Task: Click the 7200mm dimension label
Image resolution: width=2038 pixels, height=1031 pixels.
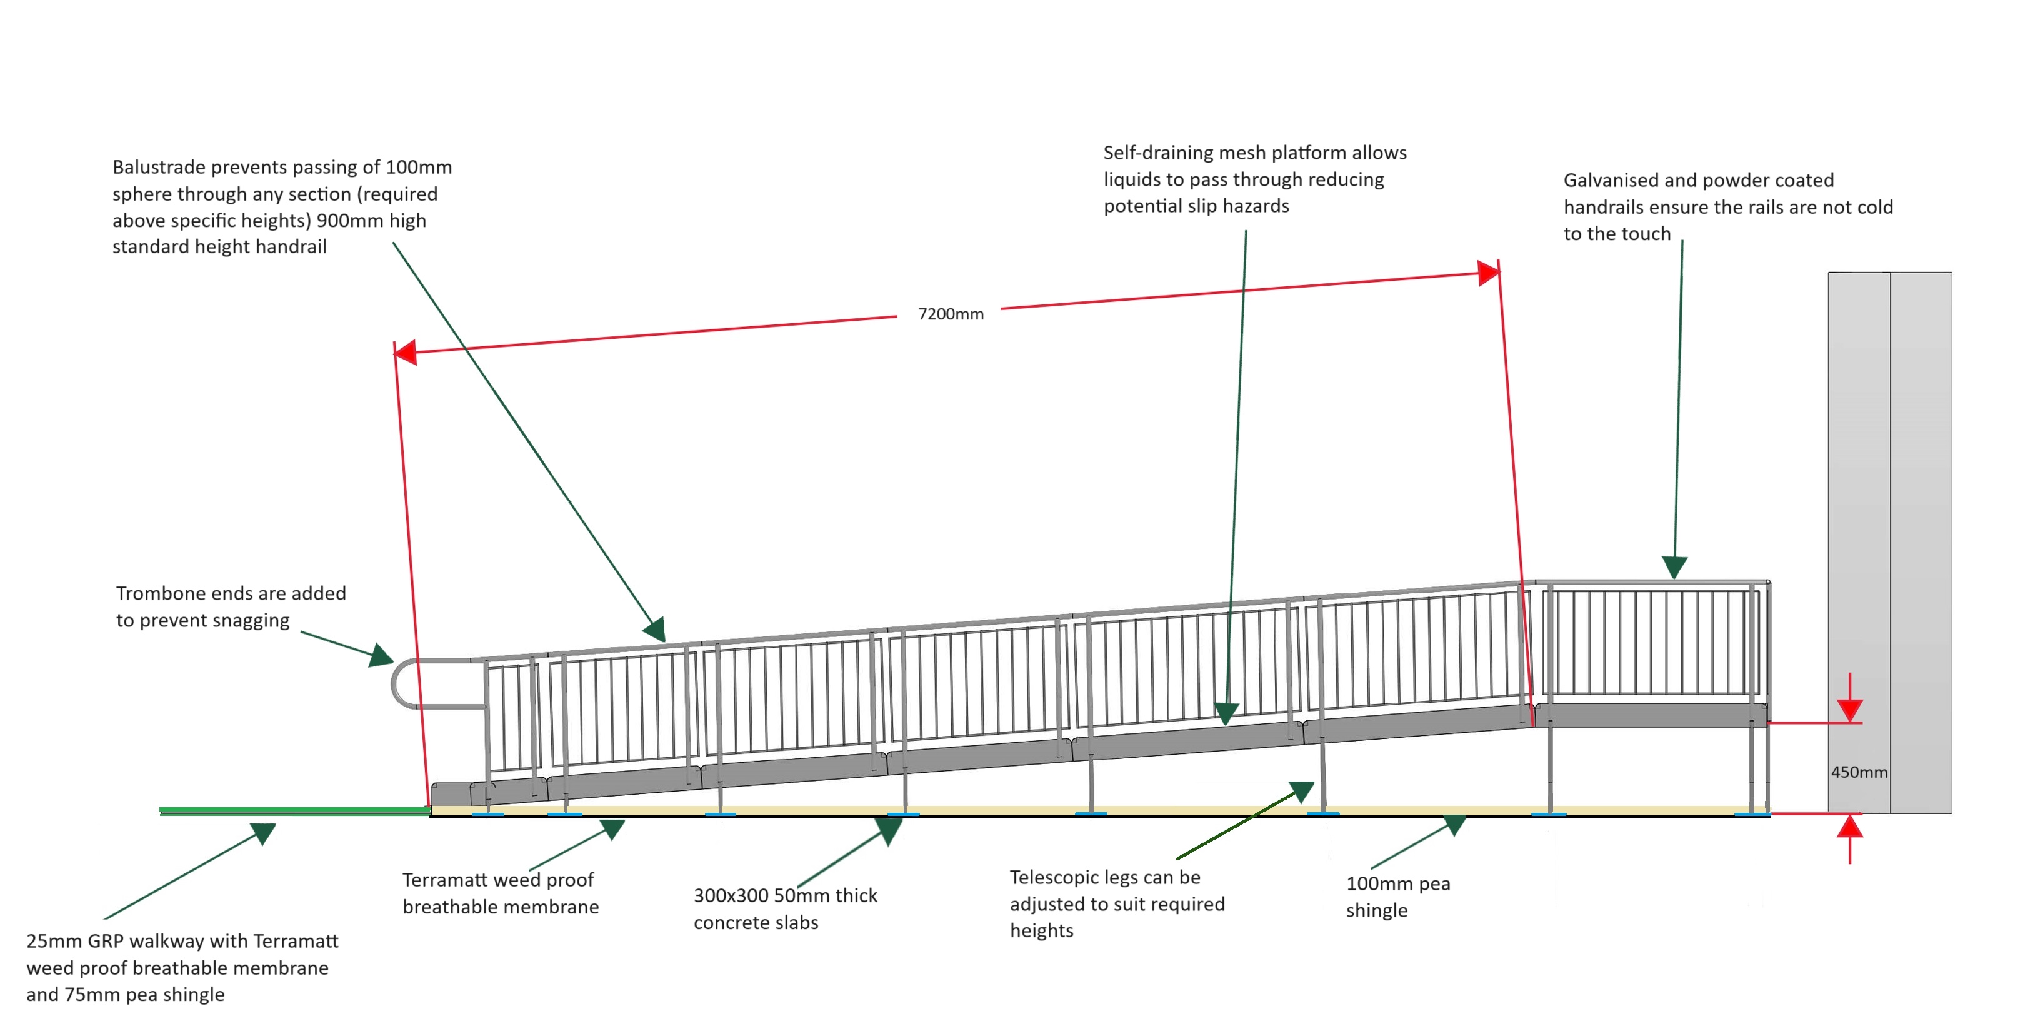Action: click(x=950, y=314)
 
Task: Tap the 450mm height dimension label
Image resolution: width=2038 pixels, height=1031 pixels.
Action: click(x=1859, y=772)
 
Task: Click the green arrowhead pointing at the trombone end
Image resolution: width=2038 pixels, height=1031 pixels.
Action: click(x=381, y=655)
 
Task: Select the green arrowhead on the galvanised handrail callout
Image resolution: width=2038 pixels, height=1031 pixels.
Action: click(x=1674, y=566)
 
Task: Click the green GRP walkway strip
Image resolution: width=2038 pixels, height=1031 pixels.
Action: click(x=292, y=810)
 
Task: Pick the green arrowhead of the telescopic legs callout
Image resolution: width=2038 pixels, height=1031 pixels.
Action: click(x=1301, y=792)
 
